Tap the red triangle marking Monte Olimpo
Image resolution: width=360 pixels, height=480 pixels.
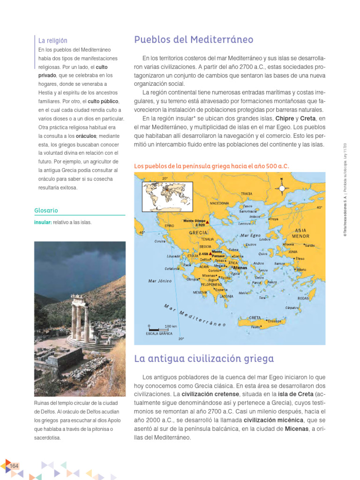click(207, 221)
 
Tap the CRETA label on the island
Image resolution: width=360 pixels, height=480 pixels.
click(255, 318)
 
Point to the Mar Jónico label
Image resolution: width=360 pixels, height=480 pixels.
click(160, 281)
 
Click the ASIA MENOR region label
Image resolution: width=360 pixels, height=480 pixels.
click(301, 233)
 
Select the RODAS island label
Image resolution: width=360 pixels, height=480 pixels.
click(303, 298)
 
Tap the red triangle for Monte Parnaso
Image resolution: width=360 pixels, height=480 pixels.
click(210, 254)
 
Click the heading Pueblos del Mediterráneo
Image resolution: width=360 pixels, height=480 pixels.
click(194, 39)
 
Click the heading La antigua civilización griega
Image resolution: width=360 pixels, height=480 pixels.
click(204, 359)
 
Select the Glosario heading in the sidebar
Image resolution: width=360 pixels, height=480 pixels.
click(46, 210)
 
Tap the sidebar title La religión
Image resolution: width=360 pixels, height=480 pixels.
click(53, 41)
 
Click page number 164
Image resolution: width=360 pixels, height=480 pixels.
click(14, 465)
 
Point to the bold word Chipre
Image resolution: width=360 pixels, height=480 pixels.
click(285, 118)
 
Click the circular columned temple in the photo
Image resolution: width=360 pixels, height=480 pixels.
click(80, 314)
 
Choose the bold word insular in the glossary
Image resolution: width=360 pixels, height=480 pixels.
click(43, 222)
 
